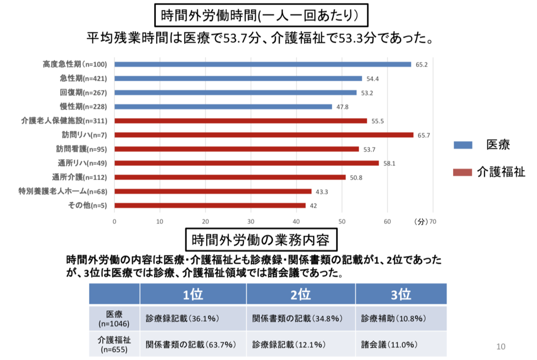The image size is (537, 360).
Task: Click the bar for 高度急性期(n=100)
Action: (262, 64)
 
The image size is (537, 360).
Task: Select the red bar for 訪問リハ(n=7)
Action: (264, 135)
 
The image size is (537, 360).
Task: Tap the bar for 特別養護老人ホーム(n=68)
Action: (213, 191)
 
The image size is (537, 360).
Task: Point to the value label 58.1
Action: (389, 163)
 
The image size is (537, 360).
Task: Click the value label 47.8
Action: (342, 107)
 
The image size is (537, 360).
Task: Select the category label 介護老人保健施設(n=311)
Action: (63, 121)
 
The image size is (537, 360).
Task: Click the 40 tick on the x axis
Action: (296, 221)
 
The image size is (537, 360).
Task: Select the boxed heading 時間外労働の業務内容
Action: (261, 241)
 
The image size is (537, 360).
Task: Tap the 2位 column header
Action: (300, 294)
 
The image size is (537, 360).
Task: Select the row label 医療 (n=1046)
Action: (114, 318)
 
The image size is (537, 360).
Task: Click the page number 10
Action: (500, 346)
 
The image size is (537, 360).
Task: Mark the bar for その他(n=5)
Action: (210, 205)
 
